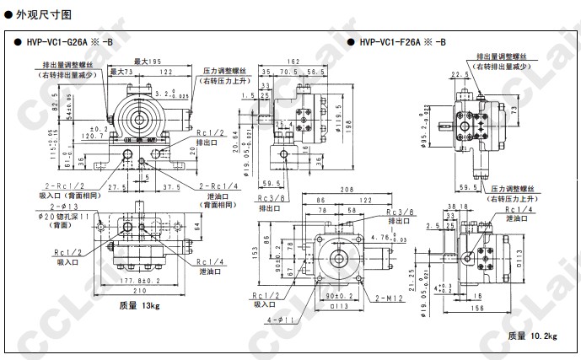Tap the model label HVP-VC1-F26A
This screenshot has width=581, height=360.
coord(403,42)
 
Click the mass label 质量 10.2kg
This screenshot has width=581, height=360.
coord(532,336)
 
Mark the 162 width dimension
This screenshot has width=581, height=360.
coord(293,62)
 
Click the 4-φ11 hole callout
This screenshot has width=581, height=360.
coord(282,321)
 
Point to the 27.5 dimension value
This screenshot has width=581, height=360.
coord(117,186)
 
